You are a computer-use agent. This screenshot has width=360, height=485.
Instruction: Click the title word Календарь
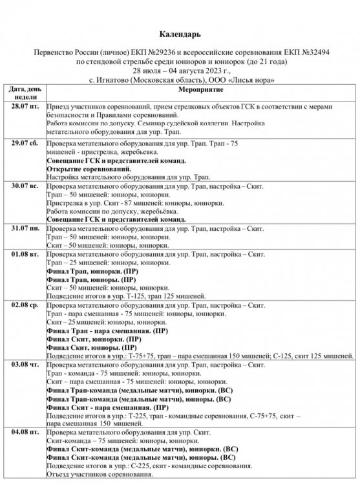[180, 33]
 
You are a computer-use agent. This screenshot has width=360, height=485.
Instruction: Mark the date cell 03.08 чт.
[23, 365]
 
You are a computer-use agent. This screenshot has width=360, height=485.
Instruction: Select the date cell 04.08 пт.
[23, 431]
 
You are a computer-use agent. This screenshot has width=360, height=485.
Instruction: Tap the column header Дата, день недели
[23, 92]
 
